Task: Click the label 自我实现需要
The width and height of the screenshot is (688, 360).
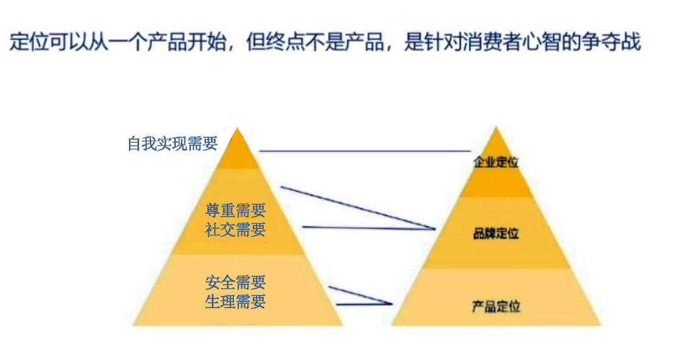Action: point(172,144)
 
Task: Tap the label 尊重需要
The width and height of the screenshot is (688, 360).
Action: point(236,210)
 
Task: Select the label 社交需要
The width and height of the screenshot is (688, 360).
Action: point(236,230)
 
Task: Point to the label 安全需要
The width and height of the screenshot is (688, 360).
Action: point(236,282)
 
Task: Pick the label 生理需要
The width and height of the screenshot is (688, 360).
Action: point(236,302)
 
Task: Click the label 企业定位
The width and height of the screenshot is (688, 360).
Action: point(496,162)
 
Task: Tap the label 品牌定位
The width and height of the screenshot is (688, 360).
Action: point(496,233)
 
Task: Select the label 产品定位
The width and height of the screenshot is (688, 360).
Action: point(496,306)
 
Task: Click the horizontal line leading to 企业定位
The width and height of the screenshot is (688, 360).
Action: point(365,151)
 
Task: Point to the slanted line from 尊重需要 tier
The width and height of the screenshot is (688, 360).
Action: point(358,208)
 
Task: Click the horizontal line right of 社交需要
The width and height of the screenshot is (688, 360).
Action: point(369,228)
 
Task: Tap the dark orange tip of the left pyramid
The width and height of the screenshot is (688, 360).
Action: point(237,148)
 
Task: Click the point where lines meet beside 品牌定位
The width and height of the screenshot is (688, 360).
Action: point(435,228)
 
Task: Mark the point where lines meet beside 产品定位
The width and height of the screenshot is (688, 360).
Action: point(392,303)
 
